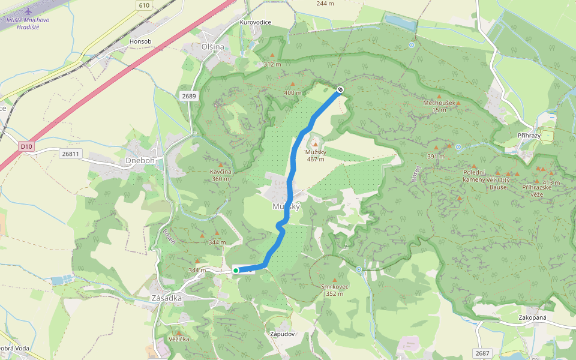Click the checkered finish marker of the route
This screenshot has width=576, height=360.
point(340,90)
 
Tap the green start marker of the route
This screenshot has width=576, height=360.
point(236,271)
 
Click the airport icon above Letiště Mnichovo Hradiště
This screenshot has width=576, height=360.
point(28,11)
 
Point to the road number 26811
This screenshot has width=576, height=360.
point(70,154)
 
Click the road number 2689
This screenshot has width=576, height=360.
point(189,96)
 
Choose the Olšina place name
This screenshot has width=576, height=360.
point(213,47)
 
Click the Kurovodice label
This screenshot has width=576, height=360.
point(256,22)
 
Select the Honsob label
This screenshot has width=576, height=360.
point(140,41)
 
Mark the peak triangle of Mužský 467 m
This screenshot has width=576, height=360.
point(315,145)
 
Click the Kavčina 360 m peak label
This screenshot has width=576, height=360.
point(221,175)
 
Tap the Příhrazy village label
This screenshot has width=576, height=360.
point(529,136)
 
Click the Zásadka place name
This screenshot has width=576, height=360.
point(167,298)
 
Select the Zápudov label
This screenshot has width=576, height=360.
point(282,334)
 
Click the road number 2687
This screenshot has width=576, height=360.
point(481,353)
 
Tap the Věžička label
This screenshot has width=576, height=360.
point(179,339)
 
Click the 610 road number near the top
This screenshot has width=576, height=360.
point(143,5)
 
